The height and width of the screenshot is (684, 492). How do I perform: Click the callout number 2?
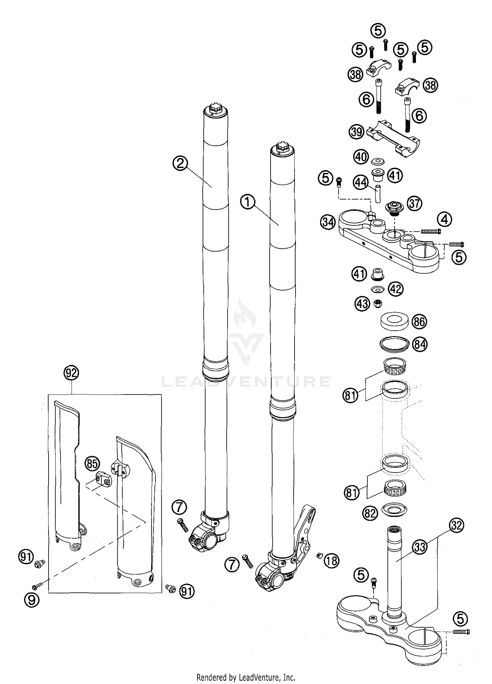[180, 163]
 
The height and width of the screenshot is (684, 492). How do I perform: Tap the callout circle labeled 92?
[72, 373]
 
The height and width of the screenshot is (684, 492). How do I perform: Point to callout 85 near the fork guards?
[92, 455]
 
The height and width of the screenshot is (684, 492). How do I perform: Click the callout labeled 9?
[32, 600]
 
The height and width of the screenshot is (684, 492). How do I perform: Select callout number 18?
[332, 561]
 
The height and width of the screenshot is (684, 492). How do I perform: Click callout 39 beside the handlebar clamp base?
[356, 132]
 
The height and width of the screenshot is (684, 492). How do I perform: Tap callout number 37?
[414, 203]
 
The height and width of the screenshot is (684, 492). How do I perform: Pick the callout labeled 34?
[328, 222]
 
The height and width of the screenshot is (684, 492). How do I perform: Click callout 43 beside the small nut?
[362, 304]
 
